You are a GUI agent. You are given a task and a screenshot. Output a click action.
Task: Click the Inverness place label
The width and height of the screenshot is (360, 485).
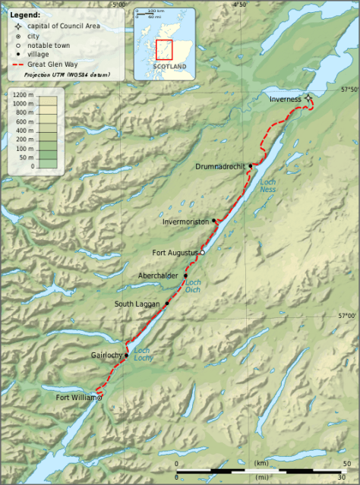pos(285,99)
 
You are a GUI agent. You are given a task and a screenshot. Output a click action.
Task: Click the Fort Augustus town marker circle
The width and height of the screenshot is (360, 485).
pos(202,252)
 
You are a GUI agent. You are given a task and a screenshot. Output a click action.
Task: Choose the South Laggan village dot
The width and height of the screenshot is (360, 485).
pos(166,304)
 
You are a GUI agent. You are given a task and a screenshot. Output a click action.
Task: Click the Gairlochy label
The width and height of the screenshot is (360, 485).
pos(106,355)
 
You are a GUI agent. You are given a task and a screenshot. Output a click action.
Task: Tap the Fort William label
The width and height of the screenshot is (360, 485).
pos(77,396)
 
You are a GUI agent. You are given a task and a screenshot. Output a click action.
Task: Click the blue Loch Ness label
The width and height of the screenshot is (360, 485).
pos(267,186)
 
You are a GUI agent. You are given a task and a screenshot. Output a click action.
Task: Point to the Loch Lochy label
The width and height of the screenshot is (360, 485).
pos(143,354)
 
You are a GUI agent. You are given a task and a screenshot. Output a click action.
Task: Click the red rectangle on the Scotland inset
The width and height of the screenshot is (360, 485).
pos(164,49)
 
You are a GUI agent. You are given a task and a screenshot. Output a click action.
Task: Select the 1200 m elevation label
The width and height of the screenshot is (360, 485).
pos(23,95)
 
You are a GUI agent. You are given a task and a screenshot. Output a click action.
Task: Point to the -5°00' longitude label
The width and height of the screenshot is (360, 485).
pos(116,5)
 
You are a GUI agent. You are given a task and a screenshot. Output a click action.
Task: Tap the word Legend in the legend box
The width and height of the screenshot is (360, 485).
pos(24,14)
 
